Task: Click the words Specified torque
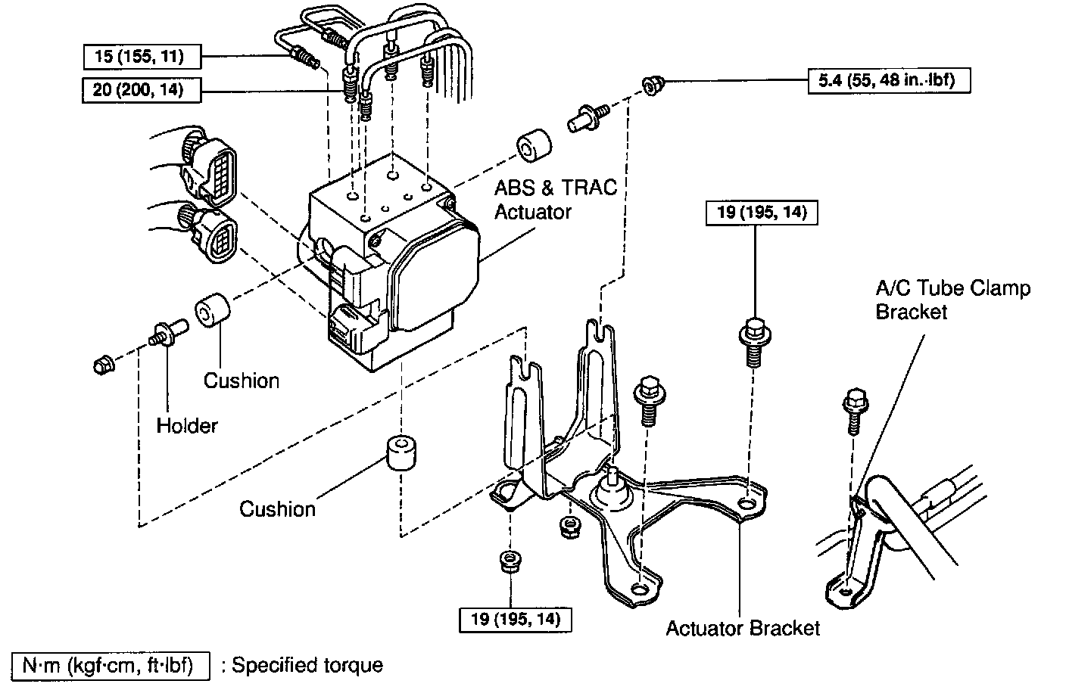pyautogui.click(x=307, y=666)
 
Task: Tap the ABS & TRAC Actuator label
pyautogui.click(x=555, y=199)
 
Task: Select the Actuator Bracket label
pyautogui.click(x=743, y=628)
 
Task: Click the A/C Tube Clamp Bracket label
pyautogui.click(x=952, y=300)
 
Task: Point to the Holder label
pyautogui.click(x=187, y=426)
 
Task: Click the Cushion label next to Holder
pyautogui.click(x=241, y=380)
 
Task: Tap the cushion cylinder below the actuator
pyautogui.click(x=403, y=453)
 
